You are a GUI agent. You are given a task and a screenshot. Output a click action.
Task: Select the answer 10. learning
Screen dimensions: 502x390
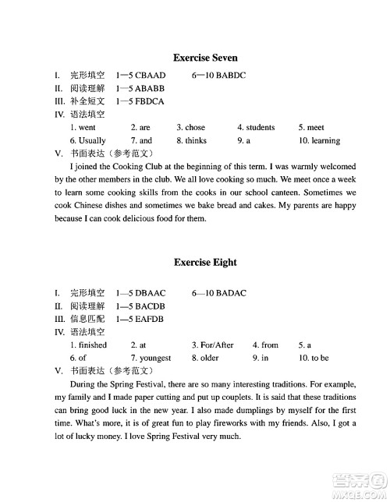[319, 140]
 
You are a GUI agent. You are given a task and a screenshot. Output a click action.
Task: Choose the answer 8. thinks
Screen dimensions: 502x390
[191, 140]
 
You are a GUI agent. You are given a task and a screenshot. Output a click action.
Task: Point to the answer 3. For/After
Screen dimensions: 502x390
[212, 345]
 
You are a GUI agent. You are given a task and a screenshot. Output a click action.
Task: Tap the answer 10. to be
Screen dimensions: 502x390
[314, 358]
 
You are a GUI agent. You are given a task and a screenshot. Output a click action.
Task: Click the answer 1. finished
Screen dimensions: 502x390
[88, 345]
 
